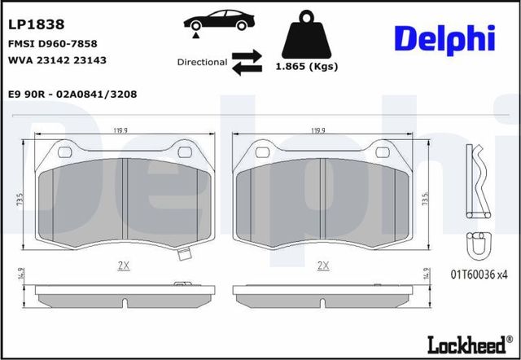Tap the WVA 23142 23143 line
coord(56,60)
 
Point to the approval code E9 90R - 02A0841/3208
coord(72,94)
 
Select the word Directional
coord(202,62)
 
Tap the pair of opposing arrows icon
coord(246,62)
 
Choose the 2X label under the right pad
coord(323,266)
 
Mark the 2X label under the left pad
coord(125,266)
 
